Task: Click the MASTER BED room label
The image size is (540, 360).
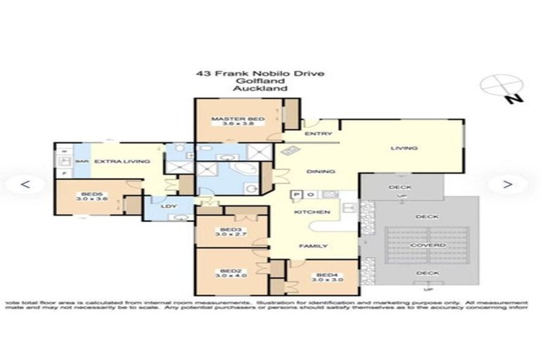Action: [x=238, y=120]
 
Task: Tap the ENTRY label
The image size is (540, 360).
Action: [x=313, y=134]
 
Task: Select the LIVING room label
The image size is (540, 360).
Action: [x=404, y=148]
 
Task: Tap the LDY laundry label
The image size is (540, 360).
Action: [x=167, y=206]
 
